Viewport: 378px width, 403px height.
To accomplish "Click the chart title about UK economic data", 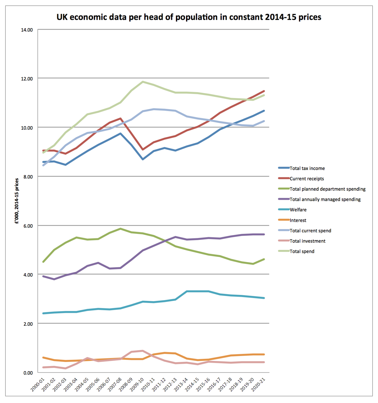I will [x=189, y=17].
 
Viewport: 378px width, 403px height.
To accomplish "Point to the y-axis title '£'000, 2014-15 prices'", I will [x=17, y=201].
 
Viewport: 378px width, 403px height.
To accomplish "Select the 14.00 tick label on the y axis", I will [x=27, y=30].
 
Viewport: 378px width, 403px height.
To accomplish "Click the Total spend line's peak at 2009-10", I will [x=143, y=82].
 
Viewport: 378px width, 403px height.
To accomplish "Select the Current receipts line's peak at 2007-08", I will [x=120, y=118].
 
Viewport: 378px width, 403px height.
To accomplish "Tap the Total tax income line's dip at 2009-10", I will [x=143, y=159].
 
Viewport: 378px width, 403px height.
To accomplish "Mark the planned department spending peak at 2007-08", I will [x=120, y=229].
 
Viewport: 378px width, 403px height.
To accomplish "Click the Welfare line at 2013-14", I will [x=187, y=291].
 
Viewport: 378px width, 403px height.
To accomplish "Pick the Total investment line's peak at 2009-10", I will [x=143, y=351].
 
